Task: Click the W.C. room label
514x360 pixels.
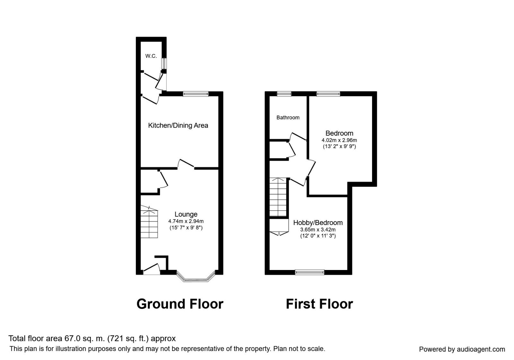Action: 151,56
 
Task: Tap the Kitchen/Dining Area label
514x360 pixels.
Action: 178,125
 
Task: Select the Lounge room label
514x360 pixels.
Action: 186,214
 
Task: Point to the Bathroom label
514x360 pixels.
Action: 288,118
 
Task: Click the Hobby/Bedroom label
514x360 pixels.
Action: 318,222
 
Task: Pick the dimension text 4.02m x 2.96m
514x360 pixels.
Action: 339,140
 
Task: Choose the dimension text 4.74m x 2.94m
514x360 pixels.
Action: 186,221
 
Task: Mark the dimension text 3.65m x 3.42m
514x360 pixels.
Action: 318,230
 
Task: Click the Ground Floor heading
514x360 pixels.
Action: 180,304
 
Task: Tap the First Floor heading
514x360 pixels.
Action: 319,304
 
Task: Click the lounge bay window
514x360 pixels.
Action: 196,278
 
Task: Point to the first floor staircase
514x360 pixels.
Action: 278,197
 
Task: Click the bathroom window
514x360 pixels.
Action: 284,94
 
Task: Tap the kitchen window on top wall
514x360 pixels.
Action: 196,94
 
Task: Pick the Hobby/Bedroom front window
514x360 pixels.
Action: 310,272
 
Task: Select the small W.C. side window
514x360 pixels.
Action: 164,63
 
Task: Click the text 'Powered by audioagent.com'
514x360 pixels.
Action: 462,349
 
